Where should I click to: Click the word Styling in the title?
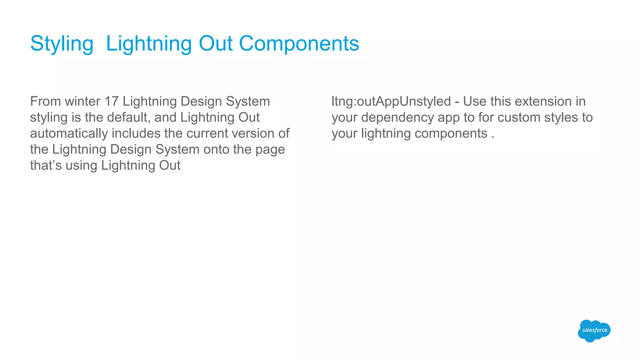click(62, 44)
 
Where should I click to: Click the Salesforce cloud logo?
click(594, 331)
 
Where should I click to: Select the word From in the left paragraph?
click(45, 102)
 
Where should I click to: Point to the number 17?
click(112, 102)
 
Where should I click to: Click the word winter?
click(82, 102)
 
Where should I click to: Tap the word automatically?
click(69, 133)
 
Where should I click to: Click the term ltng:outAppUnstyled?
click(391, 102)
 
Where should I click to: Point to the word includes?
click(136, 133)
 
